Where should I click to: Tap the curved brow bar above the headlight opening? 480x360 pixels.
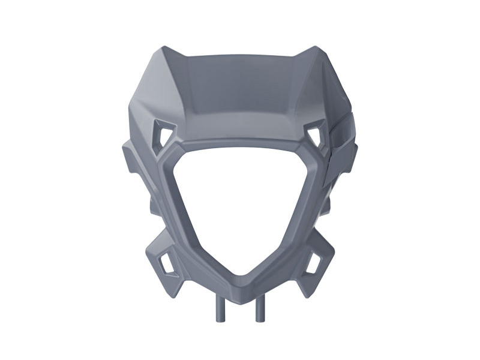(240, 144)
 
